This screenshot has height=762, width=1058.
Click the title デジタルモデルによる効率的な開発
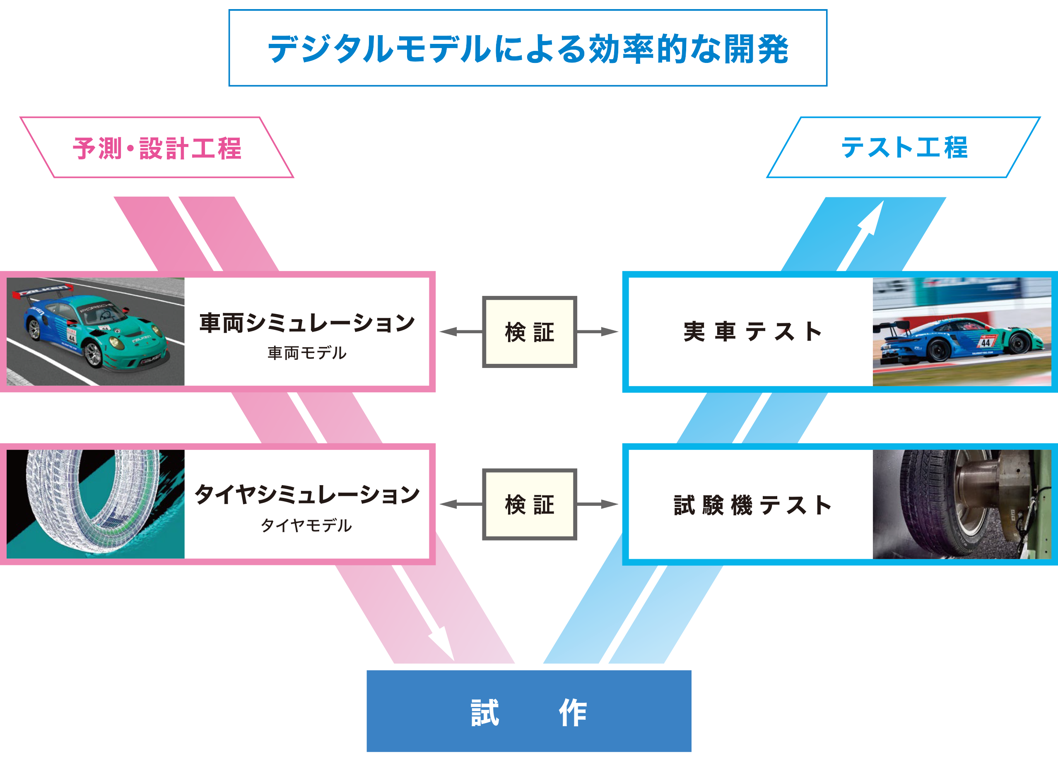(x=528, y=48)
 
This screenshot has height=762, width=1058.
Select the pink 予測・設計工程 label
(x=157, y=148)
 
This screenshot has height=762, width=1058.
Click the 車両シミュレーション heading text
(x=307, y=323)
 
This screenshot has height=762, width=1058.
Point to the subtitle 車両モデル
(x=307, y=353)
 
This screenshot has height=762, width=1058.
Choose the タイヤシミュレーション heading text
(x=307, y=494)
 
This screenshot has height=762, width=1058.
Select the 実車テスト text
(x=752, y=332)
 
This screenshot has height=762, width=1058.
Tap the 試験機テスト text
(x=752, y=505)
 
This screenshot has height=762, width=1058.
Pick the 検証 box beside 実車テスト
(x=530, y=332)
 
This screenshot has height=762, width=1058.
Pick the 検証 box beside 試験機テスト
(x=530, y=505)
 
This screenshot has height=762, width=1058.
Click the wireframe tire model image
(x=95, y=504)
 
